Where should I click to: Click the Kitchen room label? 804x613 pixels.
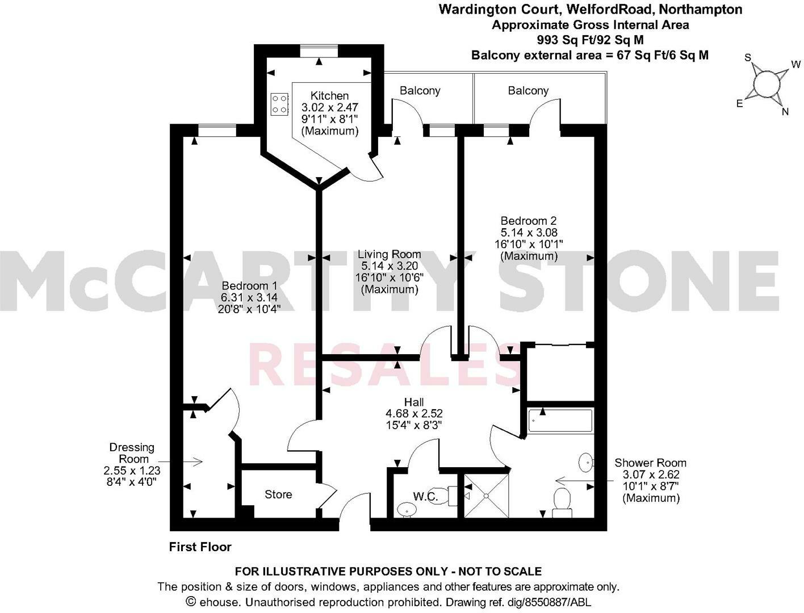coord(329,96)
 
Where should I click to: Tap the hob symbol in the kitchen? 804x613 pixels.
coord(279,103)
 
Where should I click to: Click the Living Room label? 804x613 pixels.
coord(389,254)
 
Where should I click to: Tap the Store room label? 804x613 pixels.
coord(278,494)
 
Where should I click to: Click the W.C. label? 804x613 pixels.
coord(425,497)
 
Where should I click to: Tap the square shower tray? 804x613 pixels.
coord(487,496)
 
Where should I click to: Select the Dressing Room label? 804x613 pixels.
coord(132,453)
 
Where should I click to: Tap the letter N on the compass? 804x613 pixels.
coord(785,112)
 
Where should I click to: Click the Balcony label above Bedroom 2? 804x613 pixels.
coord(528,91)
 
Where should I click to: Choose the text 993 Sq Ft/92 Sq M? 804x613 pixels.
coord(590,40)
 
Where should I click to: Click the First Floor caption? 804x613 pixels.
coord(200,547)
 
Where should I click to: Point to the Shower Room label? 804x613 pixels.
coord(650,463)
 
